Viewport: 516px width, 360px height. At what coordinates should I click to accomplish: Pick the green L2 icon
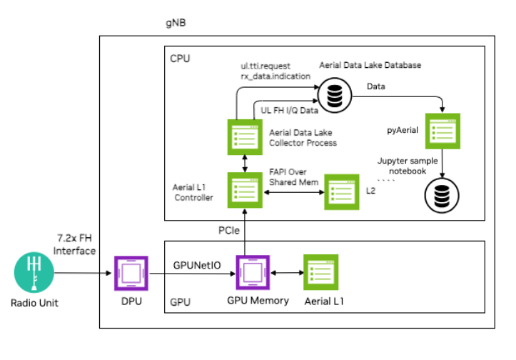click(342, 191)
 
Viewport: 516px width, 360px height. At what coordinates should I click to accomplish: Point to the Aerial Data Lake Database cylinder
click(333, 94)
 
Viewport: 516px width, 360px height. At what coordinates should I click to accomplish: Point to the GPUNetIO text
click(196, 264)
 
